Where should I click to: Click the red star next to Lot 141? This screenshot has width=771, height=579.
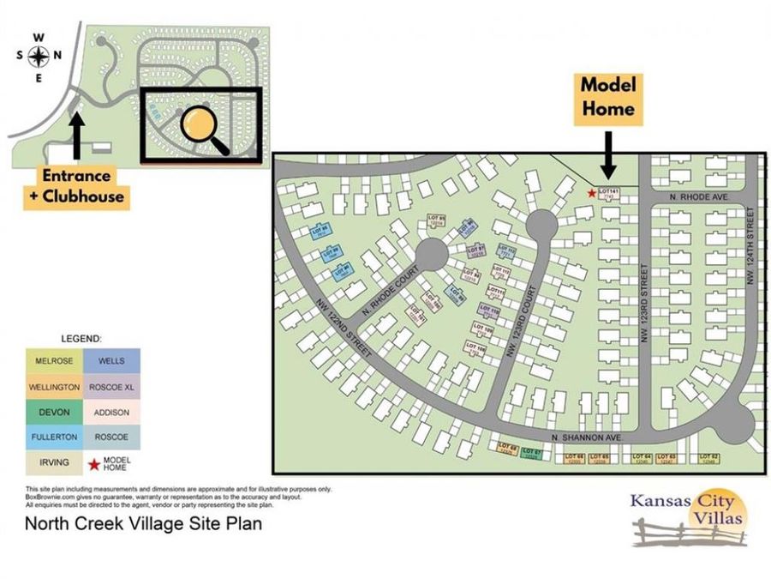click(591, 193)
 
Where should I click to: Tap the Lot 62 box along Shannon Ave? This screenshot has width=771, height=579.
click(708, 458)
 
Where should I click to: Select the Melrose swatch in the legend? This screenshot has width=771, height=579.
click(54, 361)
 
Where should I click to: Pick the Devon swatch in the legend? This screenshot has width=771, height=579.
click(54, 413)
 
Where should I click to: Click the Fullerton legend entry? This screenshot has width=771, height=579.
click(54, 437)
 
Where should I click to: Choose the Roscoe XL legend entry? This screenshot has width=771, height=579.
click(111, 387)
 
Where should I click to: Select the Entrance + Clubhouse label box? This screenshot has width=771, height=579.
click(79, 185)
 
